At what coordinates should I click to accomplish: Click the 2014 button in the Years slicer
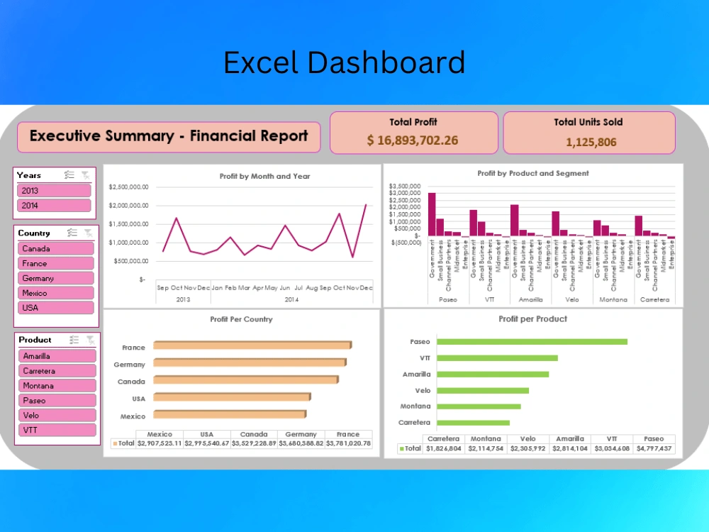coord(55,206)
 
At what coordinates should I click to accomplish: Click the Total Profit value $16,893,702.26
coord(413,140)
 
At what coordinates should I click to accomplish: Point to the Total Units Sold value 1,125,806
coord(591,142)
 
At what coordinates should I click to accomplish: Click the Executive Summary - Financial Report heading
coord(169,136)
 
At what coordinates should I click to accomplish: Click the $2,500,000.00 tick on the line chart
coord(128,187)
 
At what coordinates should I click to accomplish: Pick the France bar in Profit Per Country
coord(252,345)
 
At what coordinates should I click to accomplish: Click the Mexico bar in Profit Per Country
coord(230,414)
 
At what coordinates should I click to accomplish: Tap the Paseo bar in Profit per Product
coord(532,342)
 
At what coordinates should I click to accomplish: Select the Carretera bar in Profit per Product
coord(473,423)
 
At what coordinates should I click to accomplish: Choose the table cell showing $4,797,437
coord(654,448)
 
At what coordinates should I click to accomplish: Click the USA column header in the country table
coord(206,434)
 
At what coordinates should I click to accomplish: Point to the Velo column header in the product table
coord(527,439)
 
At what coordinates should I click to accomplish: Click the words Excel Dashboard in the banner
coord(344,63)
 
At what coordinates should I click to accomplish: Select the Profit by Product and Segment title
coord(532,173)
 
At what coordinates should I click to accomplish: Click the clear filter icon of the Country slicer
coord(88,233)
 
